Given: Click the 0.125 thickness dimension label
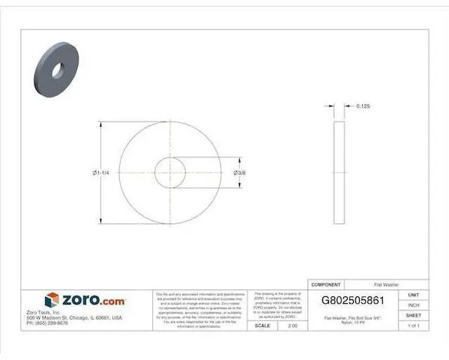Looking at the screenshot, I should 363,106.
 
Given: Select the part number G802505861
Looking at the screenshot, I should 352,300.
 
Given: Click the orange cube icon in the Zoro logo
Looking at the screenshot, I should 53,300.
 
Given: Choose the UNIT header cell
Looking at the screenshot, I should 413,295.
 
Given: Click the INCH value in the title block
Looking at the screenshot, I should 413,305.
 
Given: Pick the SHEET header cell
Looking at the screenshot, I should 413,316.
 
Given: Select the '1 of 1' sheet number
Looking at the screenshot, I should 413,326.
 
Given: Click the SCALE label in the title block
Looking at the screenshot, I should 262,326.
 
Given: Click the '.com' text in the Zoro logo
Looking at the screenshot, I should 112,300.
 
